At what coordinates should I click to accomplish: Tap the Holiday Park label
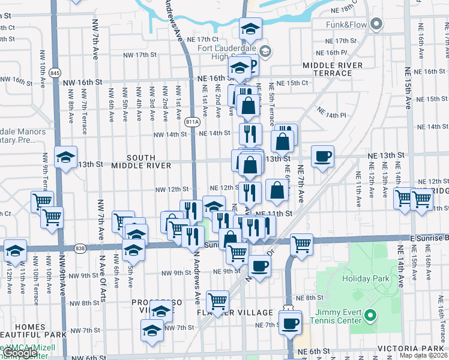[x=366, y=278]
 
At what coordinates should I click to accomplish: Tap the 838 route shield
[x=80, y=247]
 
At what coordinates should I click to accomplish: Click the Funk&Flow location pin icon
[x=376, y=25]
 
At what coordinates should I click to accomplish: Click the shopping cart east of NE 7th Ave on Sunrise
[x=301, y=244]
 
